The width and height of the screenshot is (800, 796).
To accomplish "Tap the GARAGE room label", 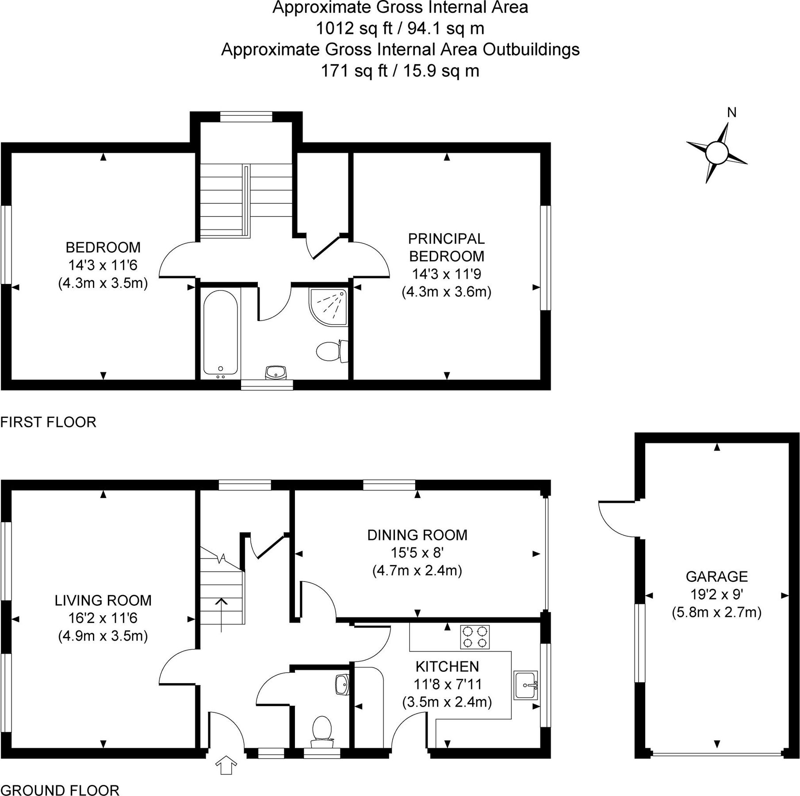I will coord(716,576).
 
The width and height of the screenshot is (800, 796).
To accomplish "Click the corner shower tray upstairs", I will coord(329,307).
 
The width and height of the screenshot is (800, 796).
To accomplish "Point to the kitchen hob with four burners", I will coord(475,637).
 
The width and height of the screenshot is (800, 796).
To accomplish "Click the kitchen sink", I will coord(526,685).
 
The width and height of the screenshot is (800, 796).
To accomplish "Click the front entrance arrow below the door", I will coord(226,765).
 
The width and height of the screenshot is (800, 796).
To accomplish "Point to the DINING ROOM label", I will coord(417,535).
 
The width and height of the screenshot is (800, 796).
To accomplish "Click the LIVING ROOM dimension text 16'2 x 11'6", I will coord(103,618).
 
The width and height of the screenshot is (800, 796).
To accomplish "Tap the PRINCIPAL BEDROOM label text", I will coord(446,247).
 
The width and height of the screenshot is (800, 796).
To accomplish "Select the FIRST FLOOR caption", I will coord(48,422).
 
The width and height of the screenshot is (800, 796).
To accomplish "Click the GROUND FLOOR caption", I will coord(60,790).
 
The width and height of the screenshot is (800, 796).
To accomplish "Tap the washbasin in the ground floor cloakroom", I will coord(342,685).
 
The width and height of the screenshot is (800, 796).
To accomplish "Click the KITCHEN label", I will coord(447,666).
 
